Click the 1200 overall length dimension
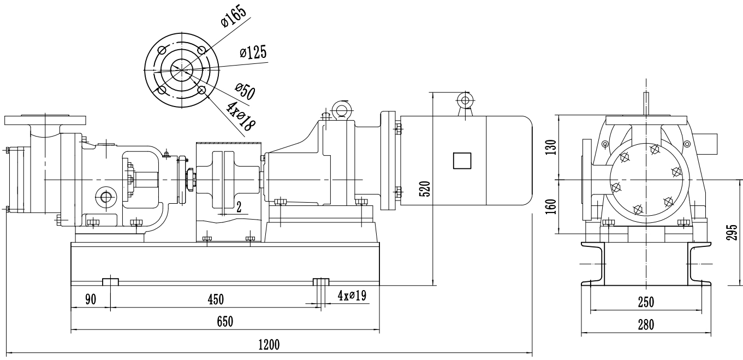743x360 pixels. point(269,345)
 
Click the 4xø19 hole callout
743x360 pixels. point(352,296)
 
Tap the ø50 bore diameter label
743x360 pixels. point(245,91)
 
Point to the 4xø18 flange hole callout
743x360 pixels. point(241,115)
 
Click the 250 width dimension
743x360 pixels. point(646,302)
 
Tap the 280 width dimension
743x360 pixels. point(646,324)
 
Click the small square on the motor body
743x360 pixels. point(462,161)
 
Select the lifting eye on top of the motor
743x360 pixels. point(465,100)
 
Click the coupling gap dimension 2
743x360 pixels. point(239,206)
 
